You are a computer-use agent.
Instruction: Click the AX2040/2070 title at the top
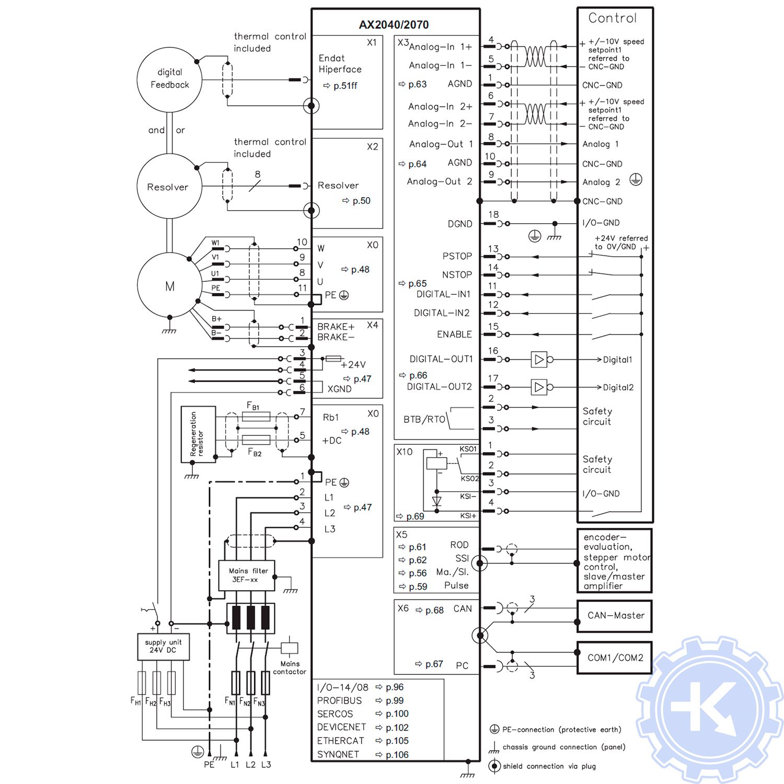(394, 25)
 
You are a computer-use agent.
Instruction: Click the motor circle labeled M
(169, 285)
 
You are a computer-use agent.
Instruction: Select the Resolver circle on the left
(169, 187)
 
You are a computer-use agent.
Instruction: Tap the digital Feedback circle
(169, 79)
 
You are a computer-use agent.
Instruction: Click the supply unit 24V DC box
(163, 647)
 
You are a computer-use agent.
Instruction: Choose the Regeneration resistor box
(198, 434)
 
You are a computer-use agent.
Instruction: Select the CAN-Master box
(615, 616)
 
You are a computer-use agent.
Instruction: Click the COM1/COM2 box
(615, 658)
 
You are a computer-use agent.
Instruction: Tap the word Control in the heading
(613, 18)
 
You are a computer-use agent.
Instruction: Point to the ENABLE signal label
(454, 335)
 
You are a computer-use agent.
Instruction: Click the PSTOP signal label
(457, 256)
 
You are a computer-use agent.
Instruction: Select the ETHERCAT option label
(340, 741)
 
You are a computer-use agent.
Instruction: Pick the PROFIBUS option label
(339, 700)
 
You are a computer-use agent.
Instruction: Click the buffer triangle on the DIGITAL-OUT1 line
(539, 360)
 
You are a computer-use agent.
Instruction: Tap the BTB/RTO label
(424, 419)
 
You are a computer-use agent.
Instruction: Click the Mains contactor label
(290, 667)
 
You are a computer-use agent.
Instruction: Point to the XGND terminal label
(339, 389)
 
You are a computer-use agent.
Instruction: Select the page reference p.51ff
(345, 86)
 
